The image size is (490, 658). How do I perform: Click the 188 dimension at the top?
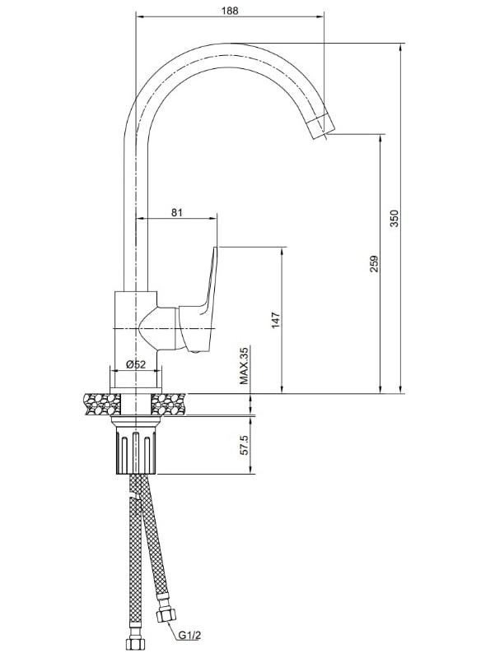click(230, 11)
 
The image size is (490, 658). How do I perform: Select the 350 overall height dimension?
click(394, 218)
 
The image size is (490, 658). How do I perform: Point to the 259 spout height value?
click(375, 264)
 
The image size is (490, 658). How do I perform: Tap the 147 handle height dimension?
click(275, 320)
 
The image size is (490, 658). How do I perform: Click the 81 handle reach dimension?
click(177, 212)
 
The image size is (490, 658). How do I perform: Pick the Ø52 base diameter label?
click(136, 364)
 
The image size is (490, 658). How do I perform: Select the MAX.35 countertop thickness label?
click(244, 365)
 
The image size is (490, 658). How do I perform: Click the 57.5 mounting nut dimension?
click(245, 445)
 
